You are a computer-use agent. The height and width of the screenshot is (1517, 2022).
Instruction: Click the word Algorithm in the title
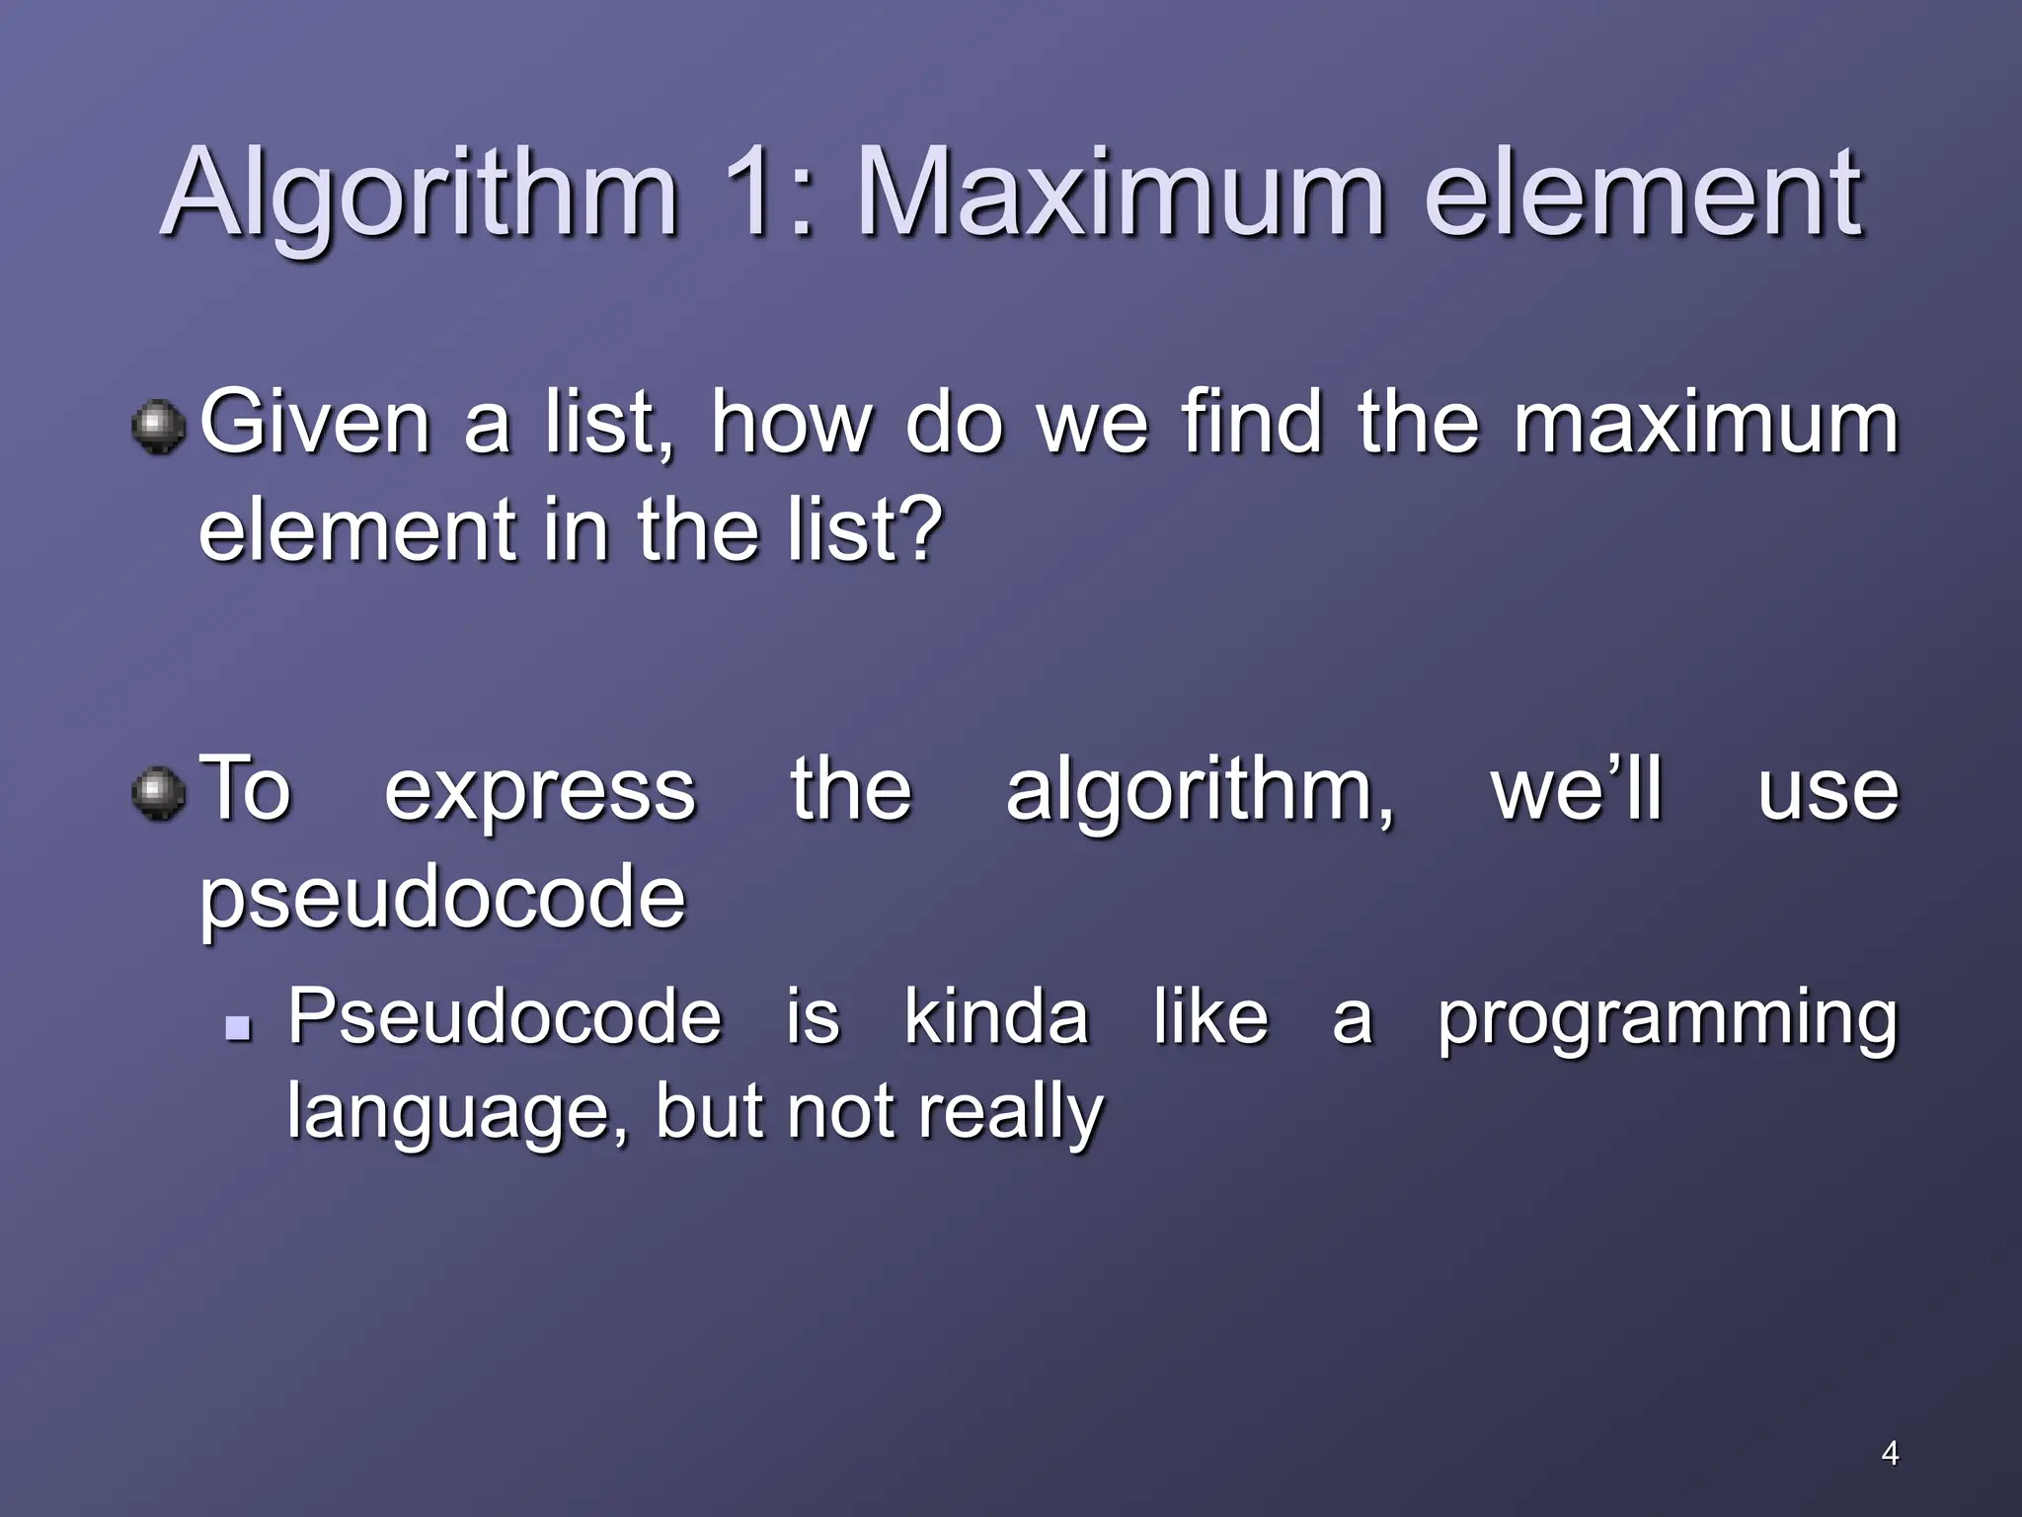click(419, 194)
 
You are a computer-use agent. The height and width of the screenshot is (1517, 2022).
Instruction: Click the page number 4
click(1889, 1453)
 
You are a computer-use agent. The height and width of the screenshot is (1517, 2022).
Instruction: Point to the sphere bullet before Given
click(158, 428)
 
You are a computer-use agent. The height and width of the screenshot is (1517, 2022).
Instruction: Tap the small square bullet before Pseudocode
click(238, 1030)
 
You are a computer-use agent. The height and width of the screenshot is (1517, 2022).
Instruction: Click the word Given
click(314, 423)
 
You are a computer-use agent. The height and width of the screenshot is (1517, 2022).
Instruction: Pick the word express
click(539, 792)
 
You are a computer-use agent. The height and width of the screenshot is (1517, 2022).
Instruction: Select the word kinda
click(995, 1017)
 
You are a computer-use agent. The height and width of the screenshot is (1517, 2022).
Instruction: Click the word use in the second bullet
click(1828, 792)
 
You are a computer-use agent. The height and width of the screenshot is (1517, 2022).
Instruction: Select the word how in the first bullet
click(792, 423)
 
